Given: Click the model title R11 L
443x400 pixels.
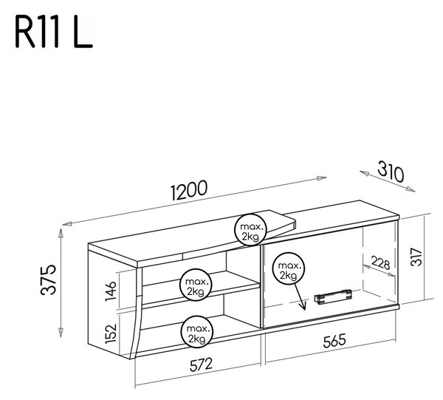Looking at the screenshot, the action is pyautogui.click(x=53, y=33).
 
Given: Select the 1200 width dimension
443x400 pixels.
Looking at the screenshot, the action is pyautogui.click(x=189, y=190).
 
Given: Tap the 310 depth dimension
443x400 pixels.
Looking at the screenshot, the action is pyautogui.click(x=391, y=172).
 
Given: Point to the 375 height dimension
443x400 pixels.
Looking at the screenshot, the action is pyautogui.click(x=48, y=279).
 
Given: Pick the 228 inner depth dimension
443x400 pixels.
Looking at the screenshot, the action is pyautogui.click(x=380, y=262).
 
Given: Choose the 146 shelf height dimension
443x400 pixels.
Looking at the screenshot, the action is pyautogui.click(x=111, y=291).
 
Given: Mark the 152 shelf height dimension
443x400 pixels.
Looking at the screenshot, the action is pyautogui.click(x=111, y=333).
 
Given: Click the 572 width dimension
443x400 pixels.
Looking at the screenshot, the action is pyautogui.click(x=201, y=365).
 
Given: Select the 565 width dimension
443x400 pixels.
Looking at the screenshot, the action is pyautogui.click(x=334, y=341).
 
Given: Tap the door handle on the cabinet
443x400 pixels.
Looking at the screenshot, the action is pyautogui.click(x=333, y=296).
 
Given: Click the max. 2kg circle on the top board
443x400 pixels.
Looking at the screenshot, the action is pyautogui.click(x=250, y=229).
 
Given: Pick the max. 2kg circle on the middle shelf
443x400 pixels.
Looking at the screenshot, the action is pyautogui.click(x=196, y=285).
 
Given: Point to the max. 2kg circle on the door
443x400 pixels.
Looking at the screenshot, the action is pyautogui.click(x=288, y=268).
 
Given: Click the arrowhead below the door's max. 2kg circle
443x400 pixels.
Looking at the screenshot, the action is pyautogui.click(x=303, y=306).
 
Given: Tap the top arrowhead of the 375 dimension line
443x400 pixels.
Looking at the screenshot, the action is pyautogui.click(x=61, y=232).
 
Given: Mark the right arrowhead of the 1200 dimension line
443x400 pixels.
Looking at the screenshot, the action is pyautogui.click(x=321, y=178).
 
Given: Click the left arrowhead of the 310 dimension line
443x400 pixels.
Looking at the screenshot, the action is pyautogui.click(x=365, y=173).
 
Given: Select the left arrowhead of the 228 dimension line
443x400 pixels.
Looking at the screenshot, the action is pyautogui.click(x=366, y=267).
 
